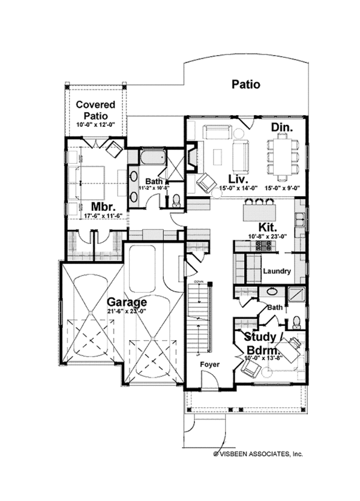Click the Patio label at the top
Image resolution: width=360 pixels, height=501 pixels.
click(x=246, y=84)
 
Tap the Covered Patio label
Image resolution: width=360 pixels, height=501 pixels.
click(x=95, y=110)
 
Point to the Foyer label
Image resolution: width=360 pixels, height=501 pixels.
click(x=210, y=364)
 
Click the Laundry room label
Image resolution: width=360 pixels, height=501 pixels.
click(x=277, y=272)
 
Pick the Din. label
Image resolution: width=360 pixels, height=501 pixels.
click(x=281, y=127)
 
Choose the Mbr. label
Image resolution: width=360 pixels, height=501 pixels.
click(x=87, y=205)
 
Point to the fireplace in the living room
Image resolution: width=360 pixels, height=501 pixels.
click(x=190, y=157)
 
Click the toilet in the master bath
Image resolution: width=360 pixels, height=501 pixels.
click(x=176, y=200)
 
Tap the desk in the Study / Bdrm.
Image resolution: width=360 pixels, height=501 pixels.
click(x=291, y=349)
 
